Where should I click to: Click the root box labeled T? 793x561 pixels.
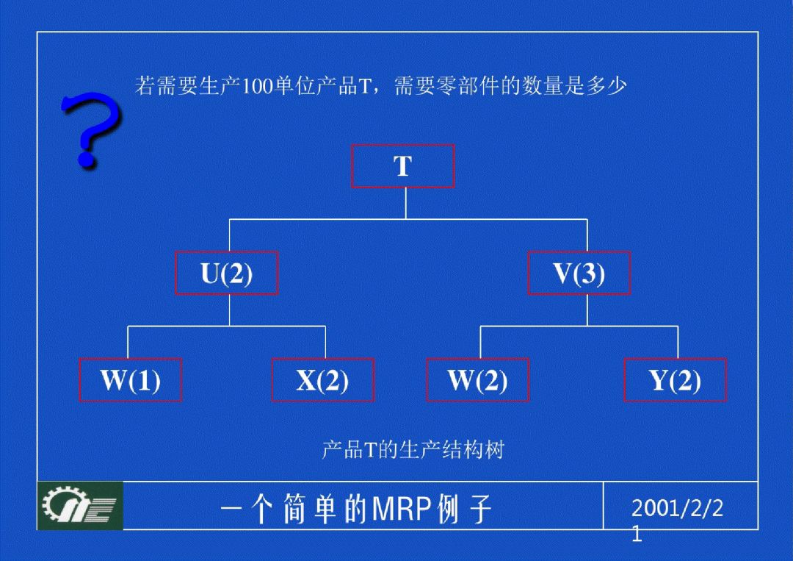(x=403, y=166)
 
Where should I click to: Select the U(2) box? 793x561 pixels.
(x=227, y=274)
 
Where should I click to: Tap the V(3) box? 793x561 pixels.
(x=579, y=274)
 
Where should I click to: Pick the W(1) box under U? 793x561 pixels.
(x=131, y=380)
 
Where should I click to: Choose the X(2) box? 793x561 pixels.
(x=322, y=380)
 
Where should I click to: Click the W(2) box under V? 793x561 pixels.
(x=477, y=380)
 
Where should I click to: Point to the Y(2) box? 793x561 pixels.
(x=675, y=380)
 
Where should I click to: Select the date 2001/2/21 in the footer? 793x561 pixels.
(x=676, y=509)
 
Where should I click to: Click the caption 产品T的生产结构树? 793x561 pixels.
(x=413, y=449)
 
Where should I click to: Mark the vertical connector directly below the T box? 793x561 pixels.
(x=405, y=203)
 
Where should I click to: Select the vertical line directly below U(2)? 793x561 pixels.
(x=229, y=310)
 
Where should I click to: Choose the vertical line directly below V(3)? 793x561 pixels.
(x=587, y=310)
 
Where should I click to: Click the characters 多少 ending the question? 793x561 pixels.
(x=606, y=87)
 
